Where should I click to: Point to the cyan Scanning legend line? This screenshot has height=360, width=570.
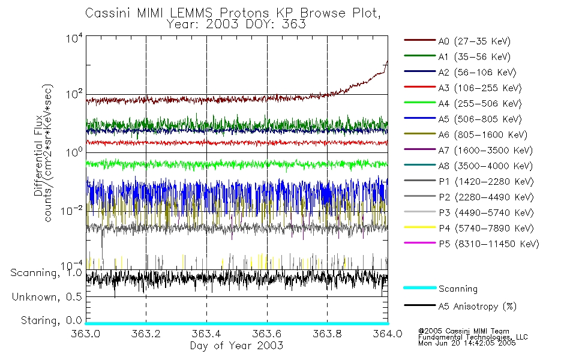pyautogui.click(x=419, y=289)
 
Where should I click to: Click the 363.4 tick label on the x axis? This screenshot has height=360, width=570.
pyautogui.click(x=206, y=334)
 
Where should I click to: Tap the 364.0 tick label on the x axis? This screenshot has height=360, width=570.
pyautogui.click(x=387, y=334)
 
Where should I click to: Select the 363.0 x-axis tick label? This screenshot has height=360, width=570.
pyautogui.click(x=86, y=334)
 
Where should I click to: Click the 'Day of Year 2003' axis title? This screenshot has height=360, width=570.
pyautogui.click(x=236, y=346)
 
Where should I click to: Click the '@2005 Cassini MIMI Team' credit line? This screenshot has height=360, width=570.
pyautogui.click(x=463, y=331)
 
